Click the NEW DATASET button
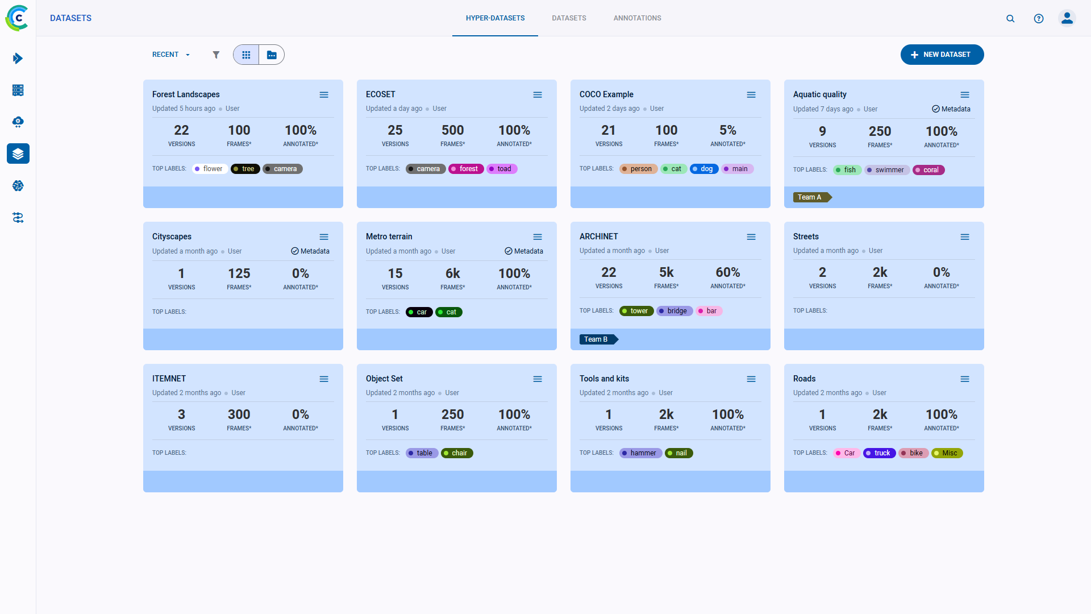pyautogui.click(x=942, y=55)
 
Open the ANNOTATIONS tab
pyautogui.click(x=637, y=18)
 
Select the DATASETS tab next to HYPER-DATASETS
pyautogui.click(x=569, y=18)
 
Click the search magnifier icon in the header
pyautogui.click(x=1010, y=18)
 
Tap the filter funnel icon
pyautogui.click(x=216, y=55)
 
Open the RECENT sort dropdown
pyautogui.click(x=170, y=55)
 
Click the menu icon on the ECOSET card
pyautogui.click(x=537, y=95)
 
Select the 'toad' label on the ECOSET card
pyautogui.click(x=502, y=169)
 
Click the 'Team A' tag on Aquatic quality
pyautogui.click(x=811, y=197)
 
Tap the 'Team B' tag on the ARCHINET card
pyautogui.click(x=597, y=339)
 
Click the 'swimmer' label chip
pyautogui.click(x=887, y=170)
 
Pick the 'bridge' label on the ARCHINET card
pyautogui.click(x=674, y=311)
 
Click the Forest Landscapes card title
pyautogui.click(x=186, y=94)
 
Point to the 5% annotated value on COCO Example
pyautogui.click(x=727, y=130)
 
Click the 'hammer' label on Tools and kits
pyautogui.click(x=640, y=453)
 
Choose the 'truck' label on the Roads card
pyautogui.click(x=879, y=453)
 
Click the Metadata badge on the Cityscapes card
pyautogui.click(x=310, y=251)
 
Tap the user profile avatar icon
pyautogui.click(x=1067, y=18)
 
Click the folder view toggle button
pyautogui.click(x=272, y=55)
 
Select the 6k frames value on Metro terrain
pyautogui.click(x=452, y=273)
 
